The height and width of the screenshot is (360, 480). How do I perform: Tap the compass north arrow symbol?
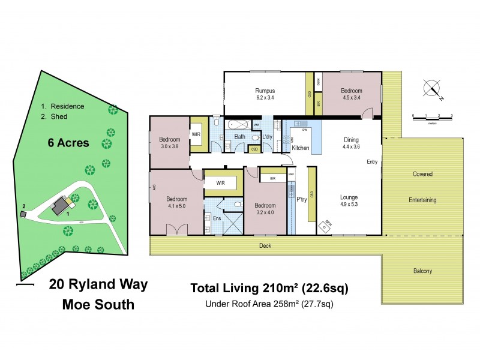(x=431, y=89)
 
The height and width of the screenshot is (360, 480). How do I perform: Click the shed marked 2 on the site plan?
(x=23, y=214)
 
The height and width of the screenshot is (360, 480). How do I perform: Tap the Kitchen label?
(x=300, y=147)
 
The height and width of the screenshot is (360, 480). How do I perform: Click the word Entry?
(x=373, y=162)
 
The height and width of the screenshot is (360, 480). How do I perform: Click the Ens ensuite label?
(x=217, y=218)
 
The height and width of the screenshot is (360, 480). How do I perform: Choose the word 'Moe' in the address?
(x=79, y=304)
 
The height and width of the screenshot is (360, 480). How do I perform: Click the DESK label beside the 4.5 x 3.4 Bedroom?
(x=318, y=81)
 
